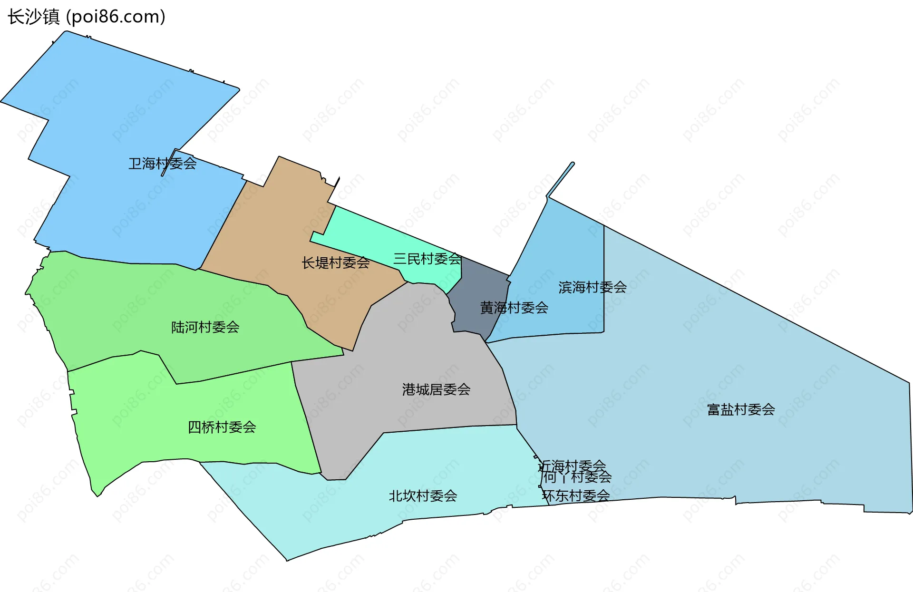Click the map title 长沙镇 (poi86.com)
point(87,17)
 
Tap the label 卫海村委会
point(162,164)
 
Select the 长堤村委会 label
point(335,262)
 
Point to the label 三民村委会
point(427,259)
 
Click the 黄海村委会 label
point(514,308)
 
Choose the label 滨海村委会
point(592,287)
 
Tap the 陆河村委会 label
point(205,327)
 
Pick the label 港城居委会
point(436,389)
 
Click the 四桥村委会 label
point(222,427)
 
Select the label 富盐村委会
point(741,409)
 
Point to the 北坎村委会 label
point(423,496)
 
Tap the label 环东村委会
point(576,496)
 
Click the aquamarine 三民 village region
point(361,233)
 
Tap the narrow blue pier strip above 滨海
point(561,180)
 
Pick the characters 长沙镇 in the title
point(33,17)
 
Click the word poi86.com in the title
point(115,17)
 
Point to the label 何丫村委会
point(577,477)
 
